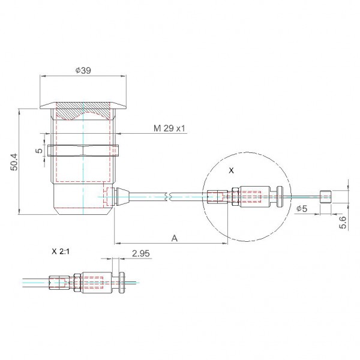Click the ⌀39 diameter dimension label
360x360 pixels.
tap(83, 70)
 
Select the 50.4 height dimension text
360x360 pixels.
tap(14, 162)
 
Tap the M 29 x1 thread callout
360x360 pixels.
tap(169, 128)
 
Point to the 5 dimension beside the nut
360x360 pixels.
tap(40, 151)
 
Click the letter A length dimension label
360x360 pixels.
tap(175, 238)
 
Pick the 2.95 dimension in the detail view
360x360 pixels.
tap(141, 253)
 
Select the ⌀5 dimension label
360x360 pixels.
tap(301, 208)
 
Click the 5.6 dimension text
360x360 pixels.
tap(343, 222)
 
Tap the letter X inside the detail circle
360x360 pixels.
tap(232, 170)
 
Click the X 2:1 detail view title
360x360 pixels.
tap(61, 251)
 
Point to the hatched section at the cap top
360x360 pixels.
tap(83, 111)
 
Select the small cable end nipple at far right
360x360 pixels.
tap(325, 197)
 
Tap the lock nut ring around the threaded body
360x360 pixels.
tap(83, 151)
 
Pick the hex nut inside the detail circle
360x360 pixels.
tap(235, 197)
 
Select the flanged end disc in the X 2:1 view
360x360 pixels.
tap(122, 283)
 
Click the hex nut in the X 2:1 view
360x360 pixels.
tap(77, 283)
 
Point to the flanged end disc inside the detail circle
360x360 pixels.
tap(280, 197)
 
